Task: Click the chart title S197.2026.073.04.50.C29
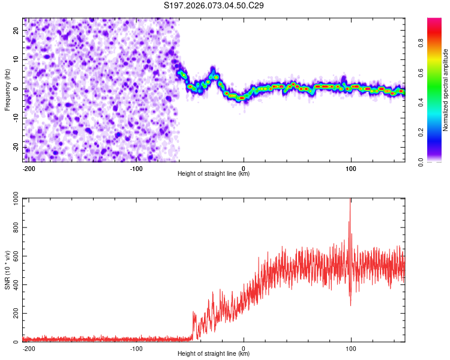[214, 6]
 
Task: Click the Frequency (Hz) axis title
[8, 89]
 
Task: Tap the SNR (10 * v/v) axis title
[8, 270]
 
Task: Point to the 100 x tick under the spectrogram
[350, 168]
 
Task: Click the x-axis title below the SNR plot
[214, 354]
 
